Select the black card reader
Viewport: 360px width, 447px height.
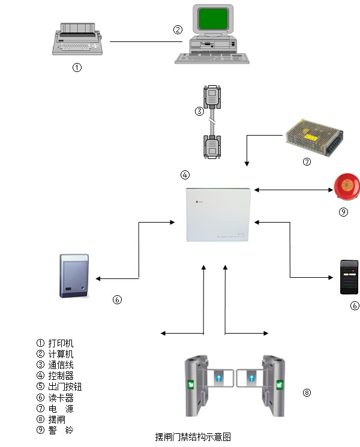pyautogui.click(x=348, y=276)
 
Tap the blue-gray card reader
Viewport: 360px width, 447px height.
pyautogui.click(x=75, y=275)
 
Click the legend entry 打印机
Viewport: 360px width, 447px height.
pyautogui.click(x=61, y=343)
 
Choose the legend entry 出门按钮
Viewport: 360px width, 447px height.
pyautogui.click(x=65, y=387)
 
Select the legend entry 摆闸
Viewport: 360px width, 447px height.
pyautogui.click(x=56, y=419)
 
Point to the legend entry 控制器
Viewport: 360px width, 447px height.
pyautogui.click(x=61, y=376)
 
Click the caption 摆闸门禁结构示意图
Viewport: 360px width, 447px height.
pyautogui.click(x=193, y=437)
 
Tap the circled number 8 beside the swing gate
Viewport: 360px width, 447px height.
pyautogui.click(x=307, y=393)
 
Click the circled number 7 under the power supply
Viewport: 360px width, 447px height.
pyautogui.click(x=307, y=161)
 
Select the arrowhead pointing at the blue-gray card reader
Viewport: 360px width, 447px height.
pyautogui.click(x=98, y=278)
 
